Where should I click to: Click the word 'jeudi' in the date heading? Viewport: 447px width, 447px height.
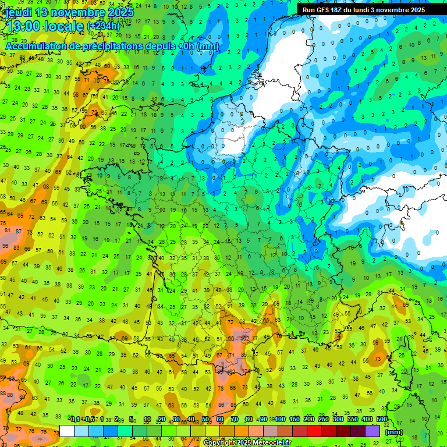pos(20,12)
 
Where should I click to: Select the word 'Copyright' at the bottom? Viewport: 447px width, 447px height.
pos(220,443)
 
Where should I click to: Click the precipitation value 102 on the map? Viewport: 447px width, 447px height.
pos(245,338)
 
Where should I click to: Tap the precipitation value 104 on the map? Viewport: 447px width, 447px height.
pos(245,371)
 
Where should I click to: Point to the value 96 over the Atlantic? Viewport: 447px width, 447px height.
pos(5,246)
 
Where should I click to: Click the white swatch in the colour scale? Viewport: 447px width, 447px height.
pos(67,431)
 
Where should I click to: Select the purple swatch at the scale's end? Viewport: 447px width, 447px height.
pos(372,431)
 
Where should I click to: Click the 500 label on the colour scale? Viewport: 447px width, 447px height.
pos(381,419)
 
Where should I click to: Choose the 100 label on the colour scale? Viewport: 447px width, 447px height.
pos(280,419)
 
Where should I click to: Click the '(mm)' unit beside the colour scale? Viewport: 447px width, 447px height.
pos(394,432)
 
